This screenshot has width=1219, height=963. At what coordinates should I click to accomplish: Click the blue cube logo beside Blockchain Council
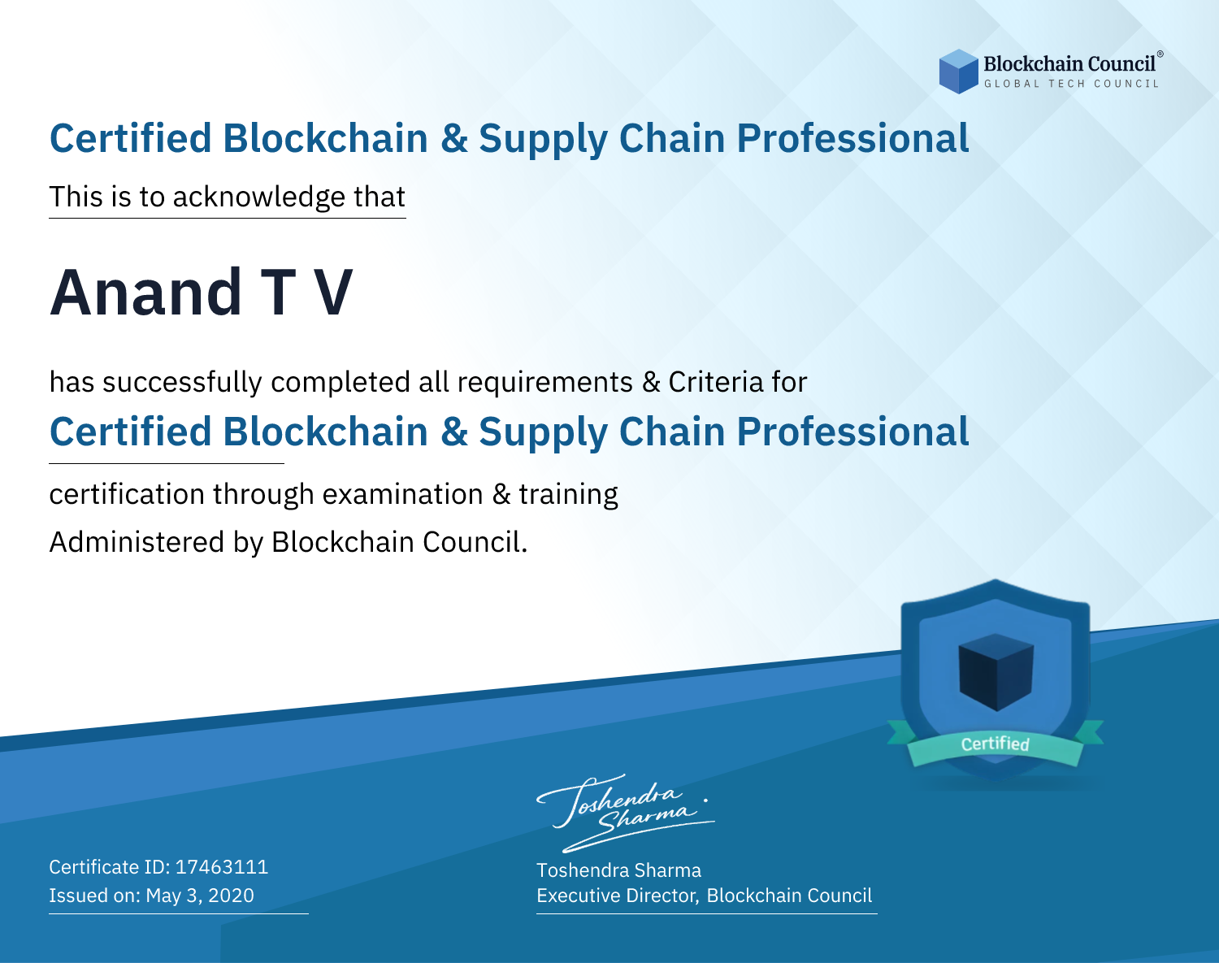(x=958, y=72)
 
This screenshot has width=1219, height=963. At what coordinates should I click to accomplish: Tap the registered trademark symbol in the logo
(x=1160, y=54)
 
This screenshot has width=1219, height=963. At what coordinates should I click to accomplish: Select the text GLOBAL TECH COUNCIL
(x=1072, y=84)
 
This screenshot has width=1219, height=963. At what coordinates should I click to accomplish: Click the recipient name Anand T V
(x=201, y=293)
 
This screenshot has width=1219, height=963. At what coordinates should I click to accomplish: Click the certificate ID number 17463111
(x=222, y=866)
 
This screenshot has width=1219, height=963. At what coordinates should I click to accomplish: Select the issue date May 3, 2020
(x=200, y=895)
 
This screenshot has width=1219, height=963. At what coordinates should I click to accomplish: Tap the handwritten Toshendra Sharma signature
(x=626, y=813)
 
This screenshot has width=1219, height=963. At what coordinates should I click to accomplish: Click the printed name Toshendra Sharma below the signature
(x=618, y=870)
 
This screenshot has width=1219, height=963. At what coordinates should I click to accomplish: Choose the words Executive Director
(x=618, y=896)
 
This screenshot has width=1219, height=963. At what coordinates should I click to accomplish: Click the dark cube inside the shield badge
(x=996, y=672)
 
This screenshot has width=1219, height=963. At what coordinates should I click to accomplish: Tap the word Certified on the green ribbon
(x=996, y=744)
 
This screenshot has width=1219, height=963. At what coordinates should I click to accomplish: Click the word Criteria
(x=715, y=382)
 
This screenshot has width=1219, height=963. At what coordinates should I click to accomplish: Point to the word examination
(x=402, y=494)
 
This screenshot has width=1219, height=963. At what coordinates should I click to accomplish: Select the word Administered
(x=137, y=541)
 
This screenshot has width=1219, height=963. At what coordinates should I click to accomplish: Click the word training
(x=568, y=495)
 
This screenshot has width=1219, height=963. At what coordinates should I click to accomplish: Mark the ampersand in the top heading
(x=454, y=139)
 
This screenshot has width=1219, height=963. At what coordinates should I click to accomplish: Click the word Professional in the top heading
(x=853, y=138)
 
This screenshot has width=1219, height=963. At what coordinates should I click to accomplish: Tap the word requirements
(x=545, y=383)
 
